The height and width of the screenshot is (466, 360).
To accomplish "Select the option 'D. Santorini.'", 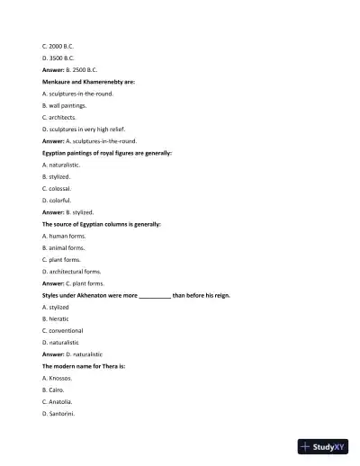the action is [58, 414].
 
